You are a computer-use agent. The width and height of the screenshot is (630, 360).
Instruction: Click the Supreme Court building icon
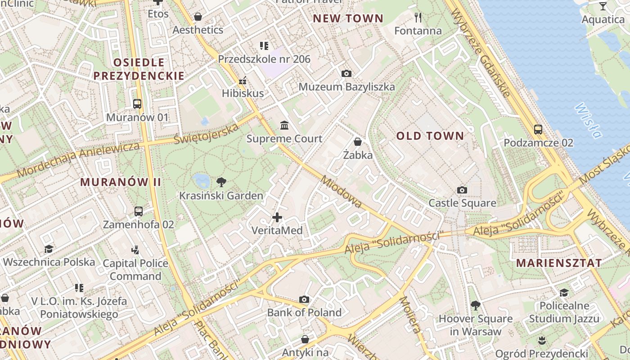(284, 125)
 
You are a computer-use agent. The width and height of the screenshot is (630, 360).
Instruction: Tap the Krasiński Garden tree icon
(221, 182)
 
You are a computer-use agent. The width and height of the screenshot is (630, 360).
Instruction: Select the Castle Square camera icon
(462, 190)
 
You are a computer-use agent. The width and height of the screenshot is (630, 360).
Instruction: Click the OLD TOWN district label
(430, 136)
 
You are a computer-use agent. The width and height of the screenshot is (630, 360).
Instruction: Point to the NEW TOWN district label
(348, 18)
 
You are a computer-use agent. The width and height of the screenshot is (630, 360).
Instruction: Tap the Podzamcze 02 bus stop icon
(538, 129)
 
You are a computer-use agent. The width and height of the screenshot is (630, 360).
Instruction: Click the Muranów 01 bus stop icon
(137, 104)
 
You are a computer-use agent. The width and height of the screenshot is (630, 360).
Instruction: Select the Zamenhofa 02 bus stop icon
(139, 211)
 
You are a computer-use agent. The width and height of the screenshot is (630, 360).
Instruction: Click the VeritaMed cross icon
(277, 217)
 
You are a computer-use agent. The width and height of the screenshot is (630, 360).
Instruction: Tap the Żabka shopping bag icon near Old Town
(358, 142)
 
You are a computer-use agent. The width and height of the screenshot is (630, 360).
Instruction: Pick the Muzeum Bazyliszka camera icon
(346, 73)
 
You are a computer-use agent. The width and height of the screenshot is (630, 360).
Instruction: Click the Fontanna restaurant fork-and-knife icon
(418, 18)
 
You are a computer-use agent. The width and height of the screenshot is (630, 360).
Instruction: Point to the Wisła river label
(589, 120)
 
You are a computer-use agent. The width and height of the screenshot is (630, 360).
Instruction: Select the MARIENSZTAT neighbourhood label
(558, 263)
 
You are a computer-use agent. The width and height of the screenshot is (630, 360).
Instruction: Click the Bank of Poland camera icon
(304, 299)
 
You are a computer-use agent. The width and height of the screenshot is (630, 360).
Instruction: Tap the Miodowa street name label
(341, 192)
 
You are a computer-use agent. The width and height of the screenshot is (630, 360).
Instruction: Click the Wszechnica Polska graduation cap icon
(49, 249)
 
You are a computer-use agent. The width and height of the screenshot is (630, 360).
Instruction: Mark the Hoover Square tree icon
(475, 306)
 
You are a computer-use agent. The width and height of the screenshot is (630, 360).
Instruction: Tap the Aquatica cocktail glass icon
(603, 6)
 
